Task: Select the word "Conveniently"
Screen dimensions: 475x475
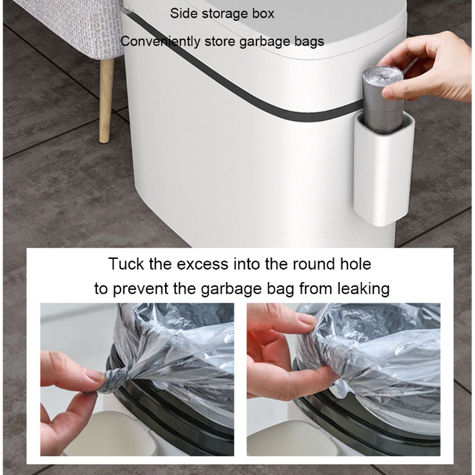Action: pos(160,41)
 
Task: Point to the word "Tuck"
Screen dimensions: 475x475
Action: pos(126,264)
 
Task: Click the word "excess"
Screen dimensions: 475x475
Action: pos(202,264)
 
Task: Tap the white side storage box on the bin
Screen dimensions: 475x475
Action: pos(384,169)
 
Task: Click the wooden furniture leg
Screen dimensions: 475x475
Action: pos(107,100)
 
